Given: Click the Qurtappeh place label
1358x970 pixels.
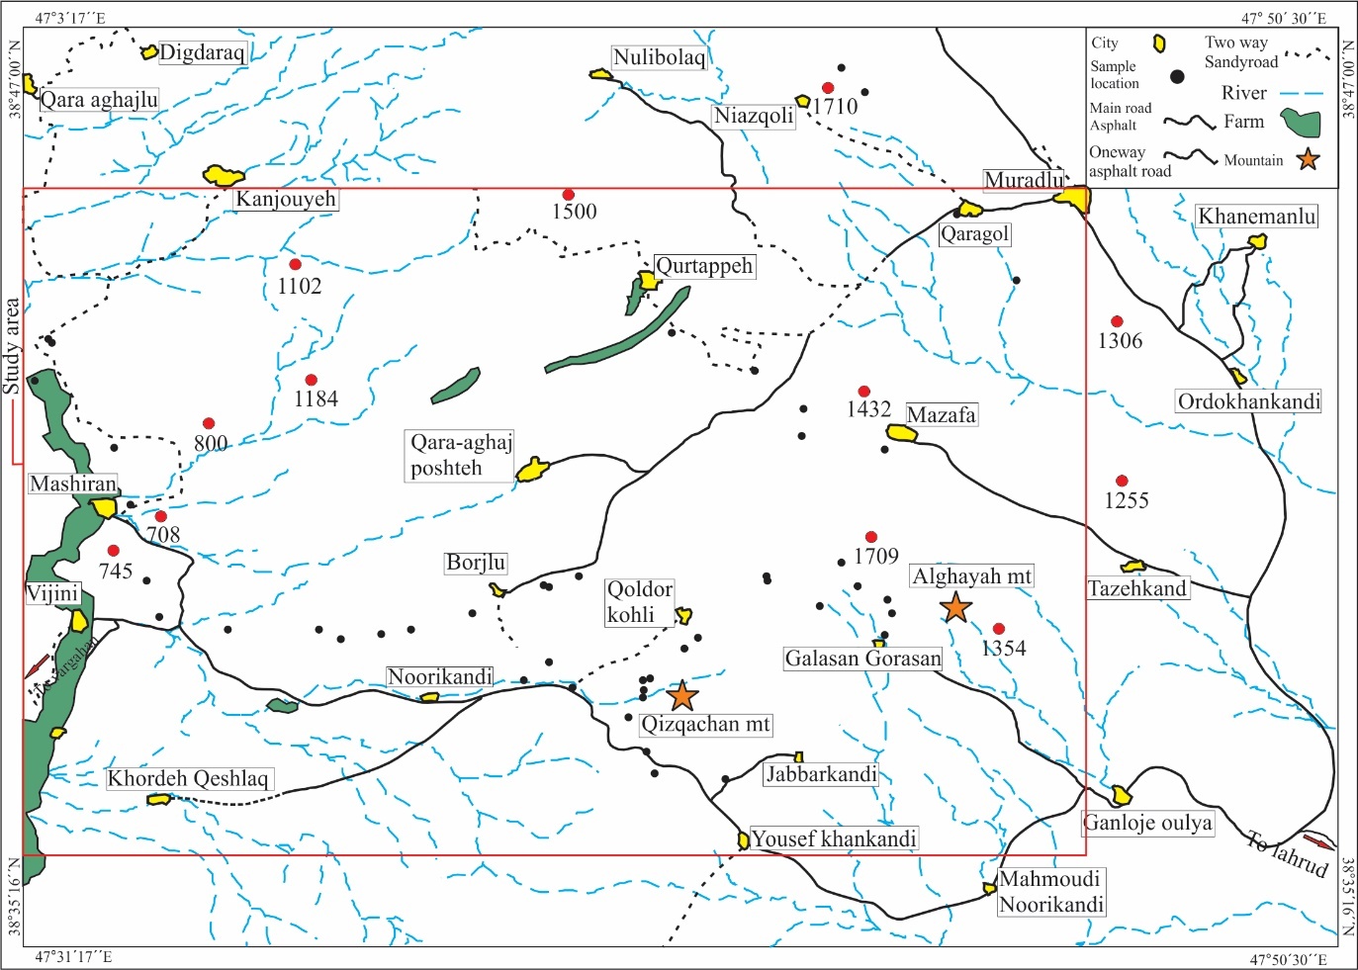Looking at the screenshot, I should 704,266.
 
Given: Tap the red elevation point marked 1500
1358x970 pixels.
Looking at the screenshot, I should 568,195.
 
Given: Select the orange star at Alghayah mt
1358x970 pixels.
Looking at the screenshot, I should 955,607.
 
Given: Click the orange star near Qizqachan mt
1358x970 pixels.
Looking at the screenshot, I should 682,696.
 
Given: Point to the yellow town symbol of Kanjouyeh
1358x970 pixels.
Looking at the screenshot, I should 224,176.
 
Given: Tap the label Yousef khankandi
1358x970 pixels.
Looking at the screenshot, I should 834,838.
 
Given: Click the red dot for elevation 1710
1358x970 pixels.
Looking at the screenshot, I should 828,88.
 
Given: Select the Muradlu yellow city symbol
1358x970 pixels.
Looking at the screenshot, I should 1071,198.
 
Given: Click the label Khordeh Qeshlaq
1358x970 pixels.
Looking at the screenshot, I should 188,778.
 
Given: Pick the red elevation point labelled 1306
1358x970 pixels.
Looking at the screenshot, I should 1117,321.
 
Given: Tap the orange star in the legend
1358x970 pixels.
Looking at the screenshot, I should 1308,158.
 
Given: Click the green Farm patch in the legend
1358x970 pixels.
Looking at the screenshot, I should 1302,124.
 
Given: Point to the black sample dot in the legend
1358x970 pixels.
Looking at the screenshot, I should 1176,76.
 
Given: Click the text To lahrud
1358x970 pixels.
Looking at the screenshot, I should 1286,854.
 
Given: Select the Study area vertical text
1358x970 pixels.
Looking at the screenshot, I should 12,347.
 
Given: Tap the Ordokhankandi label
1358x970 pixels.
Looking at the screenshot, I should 1248,401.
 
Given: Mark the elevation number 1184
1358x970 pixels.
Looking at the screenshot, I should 316,398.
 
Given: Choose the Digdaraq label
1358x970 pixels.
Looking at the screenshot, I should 202,52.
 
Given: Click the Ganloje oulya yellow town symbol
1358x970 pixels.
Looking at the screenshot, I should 1121,795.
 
